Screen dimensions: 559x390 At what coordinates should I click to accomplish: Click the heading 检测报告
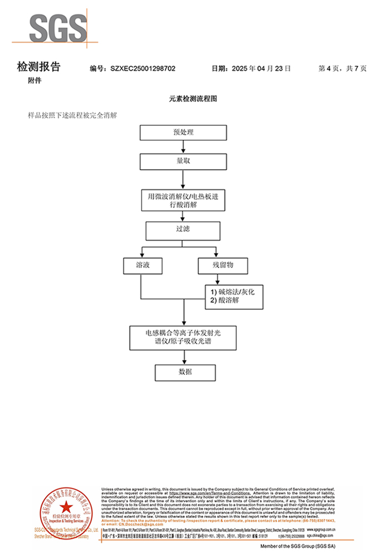[x=39, y=67]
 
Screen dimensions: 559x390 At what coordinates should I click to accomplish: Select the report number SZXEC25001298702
[x=143, y=68]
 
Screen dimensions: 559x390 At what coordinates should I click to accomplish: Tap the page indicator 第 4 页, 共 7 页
[x=342, y=68]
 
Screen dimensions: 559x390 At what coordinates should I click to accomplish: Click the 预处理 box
[x=183, y=132]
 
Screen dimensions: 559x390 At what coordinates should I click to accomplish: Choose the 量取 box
[x=183, y=161]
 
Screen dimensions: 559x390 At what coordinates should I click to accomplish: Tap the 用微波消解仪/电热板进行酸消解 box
[x=183, y=200]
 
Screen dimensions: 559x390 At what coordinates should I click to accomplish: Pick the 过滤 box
[x=183, y=230]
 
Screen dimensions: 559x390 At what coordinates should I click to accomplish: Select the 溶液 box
[x=143, y=265]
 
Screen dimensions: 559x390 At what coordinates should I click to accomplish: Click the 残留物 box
[x=222, y=265]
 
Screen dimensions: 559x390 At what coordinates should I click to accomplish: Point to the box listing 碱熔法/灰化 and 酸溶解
[x=232, y=296]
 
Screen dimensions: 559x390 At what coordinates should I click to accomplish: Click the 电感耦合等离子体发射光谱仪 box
[x=183, y=338]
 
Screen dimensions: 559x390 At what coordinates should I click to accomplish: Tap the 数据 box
[x=183, y=372]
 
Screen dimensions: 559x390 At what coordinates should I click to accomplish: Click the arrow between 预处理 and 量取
[x=183, y=147]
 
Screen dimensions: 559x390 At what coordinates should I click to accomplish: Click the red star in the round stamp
[x=66, y=507]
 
